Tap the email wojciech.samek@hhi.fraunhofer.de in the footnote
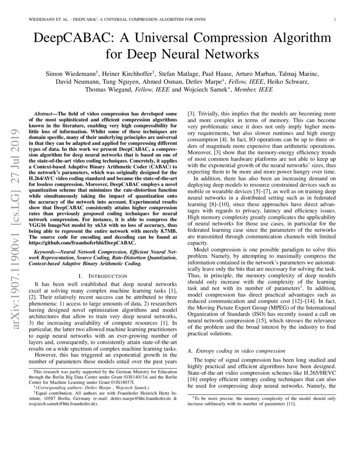[x=64, y=404]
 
